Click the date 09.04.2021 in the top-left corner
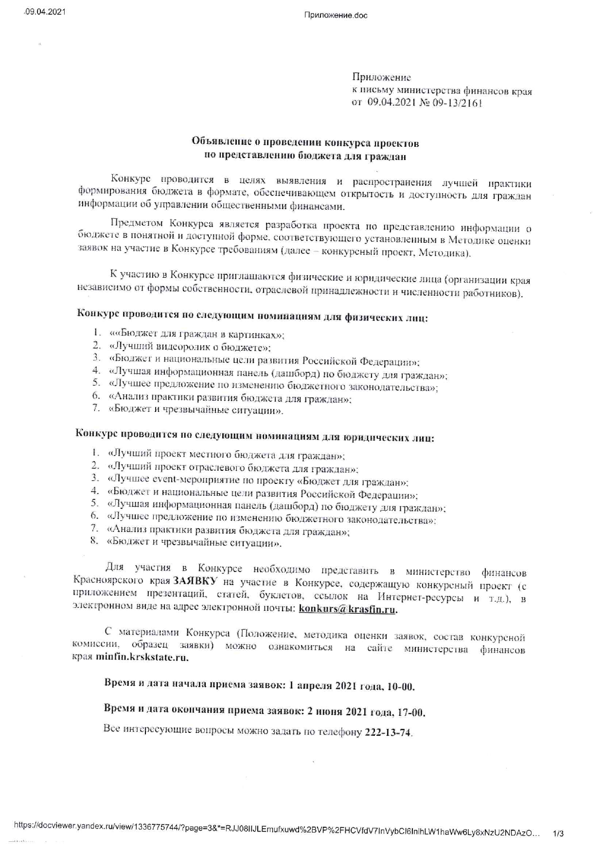(x=45, y=12)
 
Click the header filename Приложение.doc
(x=336, y=15)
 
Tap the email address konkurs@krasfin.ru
(x=348, y=610)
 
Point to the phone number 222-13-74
(x=388, y=733)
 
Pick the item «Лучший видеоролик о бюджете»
(x=190, y=347)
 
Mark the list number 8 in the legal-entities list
(x=94, y=540)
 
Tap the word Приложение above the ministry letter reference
(x=381, y=77)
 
